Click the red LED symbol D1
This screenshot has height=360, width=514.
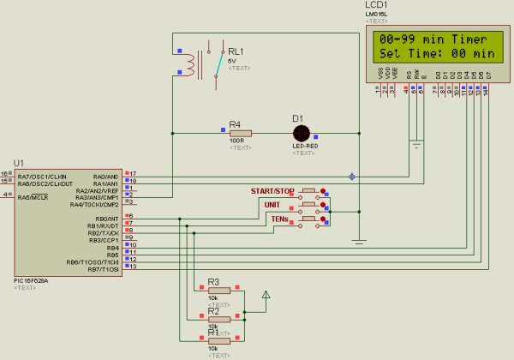(x=301, y=133)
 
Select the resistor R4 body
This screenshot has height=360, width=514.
(x=240, y=133)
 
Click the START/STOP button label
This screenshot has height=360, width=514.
(x=272, y=190)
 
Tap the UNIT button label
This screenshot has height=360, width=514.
(x=272, y=206)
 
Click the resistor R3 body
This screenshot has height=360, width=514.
(x=219, y=291)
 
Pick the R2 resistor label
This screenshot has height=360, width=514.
(x=214, y=309)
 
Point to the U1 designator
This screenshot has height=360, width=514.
(x=19, y=164)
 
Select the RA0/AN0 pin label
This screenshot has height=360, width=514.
(x=105, y=176)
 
